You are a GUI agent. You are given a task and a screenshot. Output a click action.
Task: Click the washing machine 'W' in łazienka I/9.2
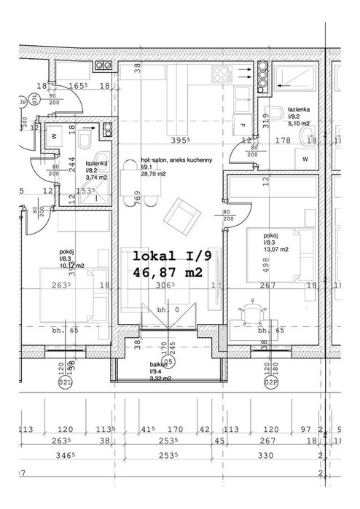click(305, 158)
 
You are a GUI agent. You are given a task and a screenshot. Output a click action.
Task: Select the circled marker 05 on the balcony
click(168, 360)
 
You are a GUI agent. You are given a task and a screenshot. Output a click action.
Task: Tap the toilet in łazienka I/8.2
click(85, 138)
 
